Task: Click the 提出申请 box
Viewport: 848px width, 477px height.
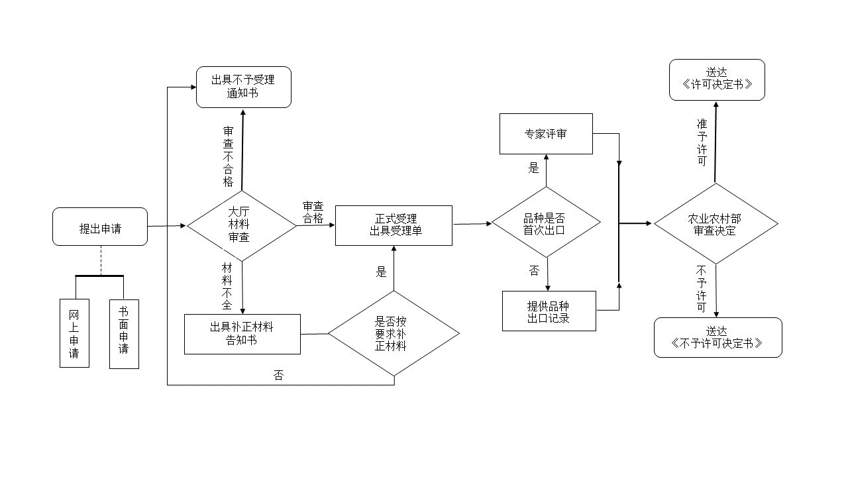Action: (x=100, y=227)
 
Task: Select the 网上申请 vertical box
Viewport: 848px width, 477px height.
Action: (x=74, y=334)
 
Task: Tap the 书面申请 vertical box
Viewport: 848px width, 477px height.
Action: (x=124, y=334)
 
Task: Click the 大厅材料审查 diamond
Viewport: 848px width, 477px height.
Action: (x=241, y=225)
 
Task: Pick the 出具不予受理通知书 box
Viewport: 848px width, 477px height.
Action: (x=243, y=87)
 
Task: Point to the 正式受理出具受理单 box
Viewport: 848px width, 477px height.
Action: (x=394, y=225)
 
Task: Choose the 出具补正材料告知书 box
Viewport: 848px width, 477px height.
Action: (x=242, y=334)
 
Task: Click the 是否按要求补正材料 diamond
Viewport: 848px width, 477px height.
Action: (x=394, y=333)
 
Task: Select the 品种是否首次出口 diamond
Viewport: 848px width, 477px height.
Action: (x=546, y=223)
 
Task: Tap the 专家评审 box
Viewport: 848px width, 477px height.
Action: (x=546, y=134)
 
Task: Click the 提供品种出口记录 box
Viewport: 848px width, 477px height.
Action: (x=549, y=311)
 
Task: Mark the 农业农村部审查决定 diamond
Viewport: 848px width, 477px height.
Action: (x=715, y=224)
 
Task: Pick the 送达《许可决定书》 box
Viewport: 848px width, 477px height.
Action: (x=717, y=79)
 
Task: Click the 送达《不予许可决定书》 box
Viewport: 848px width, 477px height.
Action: (x=717, y=337)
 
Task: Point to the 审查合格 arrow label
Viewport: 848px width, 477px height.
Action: (x=313, y=213)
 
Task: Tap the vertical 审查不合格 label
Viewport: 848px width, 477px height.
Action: (x=229, y=156)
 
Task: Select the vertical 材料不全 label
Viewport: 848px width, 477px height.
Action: (x=227, y=286)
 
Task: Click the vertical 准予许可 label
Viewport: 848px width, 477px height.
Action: (x=702, y=142)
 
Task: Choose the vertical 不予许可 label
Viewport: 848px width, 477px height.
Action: (x=702, y=289)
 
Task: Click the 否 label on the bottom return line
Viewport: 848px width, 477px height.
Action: (x=278, y=376)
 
